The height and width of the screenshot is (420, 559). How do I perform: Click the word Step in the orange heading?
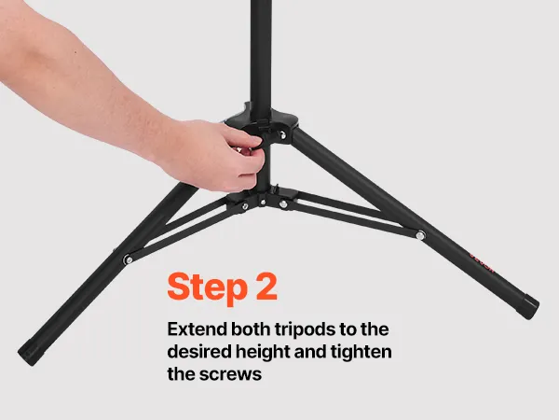[x=207, y=287]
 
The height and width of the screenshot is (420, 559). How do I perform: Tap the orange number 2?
[x=266, y=287]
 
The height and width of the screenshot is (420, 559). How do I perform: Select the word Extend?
[x=197, y=329]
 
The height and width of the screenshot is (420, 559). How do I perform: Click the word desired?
[x=199, y=352]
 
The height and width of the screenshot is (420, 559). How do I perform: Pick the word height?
[x=263, y=353]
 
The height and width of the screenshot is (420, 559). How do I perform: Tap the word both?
[x=251, y=329]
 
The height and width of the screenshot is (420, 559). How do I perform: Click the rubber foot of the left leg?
[x=32, y=352]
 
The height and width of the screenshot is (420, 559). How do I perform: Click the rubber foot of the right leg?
[x=528, y=306]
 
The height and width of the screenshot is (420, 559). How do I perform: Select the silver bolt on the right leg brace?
[x=420, y=235]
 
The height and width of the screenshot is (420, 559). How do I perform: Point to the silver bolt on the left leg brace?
[x=128, y=259]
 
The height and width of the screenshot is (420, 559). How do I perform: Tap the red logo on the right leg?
[x=482, y=262]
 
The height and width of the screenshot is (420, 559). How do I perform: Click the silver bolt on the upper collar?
[x=282, y=135]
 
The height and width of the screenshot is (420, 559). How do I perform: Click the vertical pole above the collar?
[x=261, y=53]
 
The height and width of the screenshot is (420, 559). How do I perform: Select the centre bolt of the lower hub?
[x=263, y=203]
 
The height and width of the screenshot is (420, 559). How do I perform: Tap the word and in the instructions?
[x=310, y=352]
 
